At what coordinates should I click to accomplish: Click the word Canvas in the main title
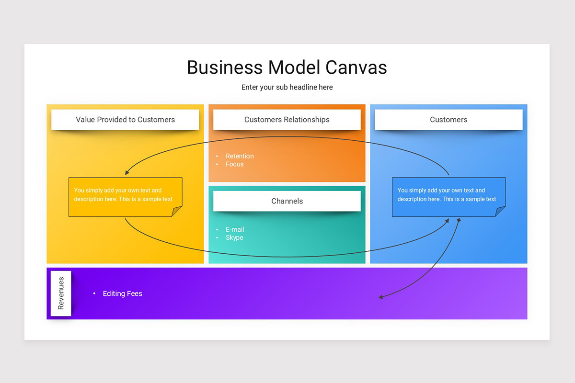click(x=356, y=68)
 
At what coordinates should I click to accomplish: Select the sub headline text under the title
click(x=287, y=87)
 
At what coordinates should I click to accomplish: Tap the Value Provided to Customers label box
click(x=125, y=120)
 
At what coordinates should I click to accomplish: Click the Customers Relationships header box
click(x=287, y=120)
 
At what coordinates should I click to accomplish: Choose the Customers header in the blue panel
click(x=448, y=120)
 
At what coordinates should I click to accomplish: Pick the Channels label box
click(x=287, y=201)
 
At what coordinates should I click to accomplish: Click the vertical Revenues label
click(x=61, y=293)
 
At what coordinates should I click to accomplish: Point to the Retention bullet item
click(x=240, y=156)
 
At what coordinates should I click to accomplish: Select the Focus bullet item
click(x=234, y=164)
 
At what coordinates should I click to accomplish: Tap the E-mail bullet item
click(x=235, y=229)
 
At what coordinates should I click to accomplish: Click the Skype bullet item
click(x=234, y=238)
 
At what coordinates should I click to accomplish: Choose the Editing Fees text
click(x=123, y=293)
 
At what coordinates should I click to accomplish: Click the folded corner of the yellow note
click(x=176, y=212)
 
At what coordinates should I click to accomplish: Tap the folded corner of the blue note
click(x=500, y=212)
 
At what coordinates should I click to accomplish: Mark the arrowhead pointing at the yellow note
click(x=126, y=173)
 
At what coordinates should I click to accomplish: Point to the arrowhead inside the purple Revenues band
click(x=380, y=297)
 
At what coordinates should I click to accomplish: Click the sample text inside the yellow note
click(x=123, y=195)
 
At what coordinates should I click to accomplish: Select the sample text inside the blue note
click(x=447, y=195)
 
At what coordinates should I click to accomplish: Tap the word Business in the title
click(x=225, y=68)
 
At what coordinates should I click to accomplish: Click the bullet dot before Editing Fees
click(x=94, y=293)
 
